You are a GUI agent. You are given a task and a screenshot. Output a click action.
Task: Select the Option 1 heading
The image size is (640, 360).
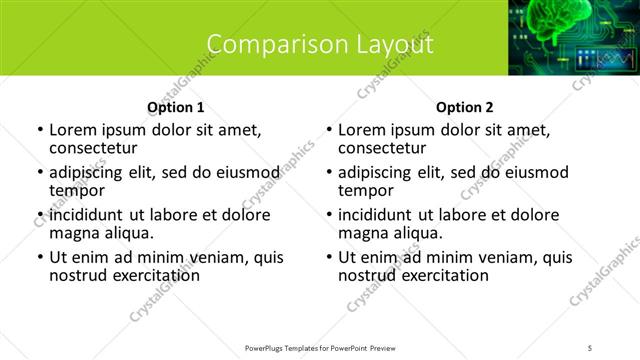[x=176, y=107]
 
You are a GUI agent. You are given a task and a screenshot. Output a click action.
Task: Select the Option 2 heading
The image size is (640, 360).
[x=464, y=107]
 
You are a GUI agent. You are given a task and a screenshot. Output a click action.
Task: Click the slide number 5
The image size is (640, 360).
[x=590, y=347]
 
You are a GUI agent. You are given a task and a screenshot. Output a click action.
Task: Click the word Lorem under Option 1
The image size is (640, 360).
[x=74, y=129]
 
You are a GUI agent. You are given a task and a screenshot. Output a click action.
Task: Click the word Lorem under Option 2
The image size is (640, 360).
[x=363, y=129]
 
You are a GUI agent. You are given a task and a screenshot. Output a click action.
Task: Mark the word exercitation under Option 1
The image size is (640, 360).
[x=154, y=275]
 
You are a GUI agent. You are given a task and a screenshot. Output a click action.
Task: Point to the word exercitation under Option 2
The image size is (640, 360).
[x=443, y=275]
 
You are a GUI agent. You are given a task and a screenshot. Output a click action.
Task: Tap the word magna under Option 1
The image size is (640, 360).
[x=74, y=233]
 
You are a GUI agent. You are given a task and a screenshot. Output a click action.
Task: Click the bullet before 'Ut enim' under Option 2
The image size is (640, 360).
[x=329, y=258]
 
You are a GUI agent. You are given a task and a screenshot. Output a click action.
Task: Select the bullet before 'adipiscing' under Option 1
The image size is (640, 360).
[x=40, y=172]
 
